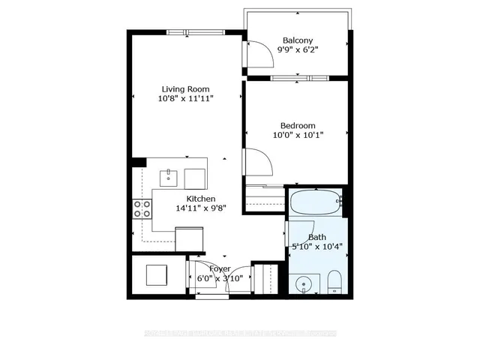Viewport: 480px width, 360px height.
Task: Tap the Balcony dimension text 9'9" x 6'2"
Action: point(298,50)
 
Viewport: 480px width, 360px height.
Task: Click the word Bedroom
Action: point(298,125)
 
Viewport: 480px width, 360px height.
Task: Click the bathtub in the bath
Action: point(315,203)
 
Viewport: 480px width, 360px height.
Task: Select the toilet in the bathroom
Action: point(334,283)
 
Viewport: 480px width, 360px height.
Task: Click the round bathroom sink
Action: point(304,283)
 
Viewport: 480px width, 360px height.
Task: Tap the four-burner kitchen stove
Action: point(141,208)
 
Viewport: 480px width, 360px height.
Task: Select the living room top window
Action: point(187,31)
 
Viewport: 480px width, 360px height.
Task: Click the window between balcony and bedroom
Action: point(298,77)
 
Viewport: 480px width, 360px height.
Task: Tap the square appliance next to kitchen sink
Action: point(194,178)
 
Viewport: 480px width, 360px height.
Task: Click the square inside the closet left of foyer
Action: point(157,275)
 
